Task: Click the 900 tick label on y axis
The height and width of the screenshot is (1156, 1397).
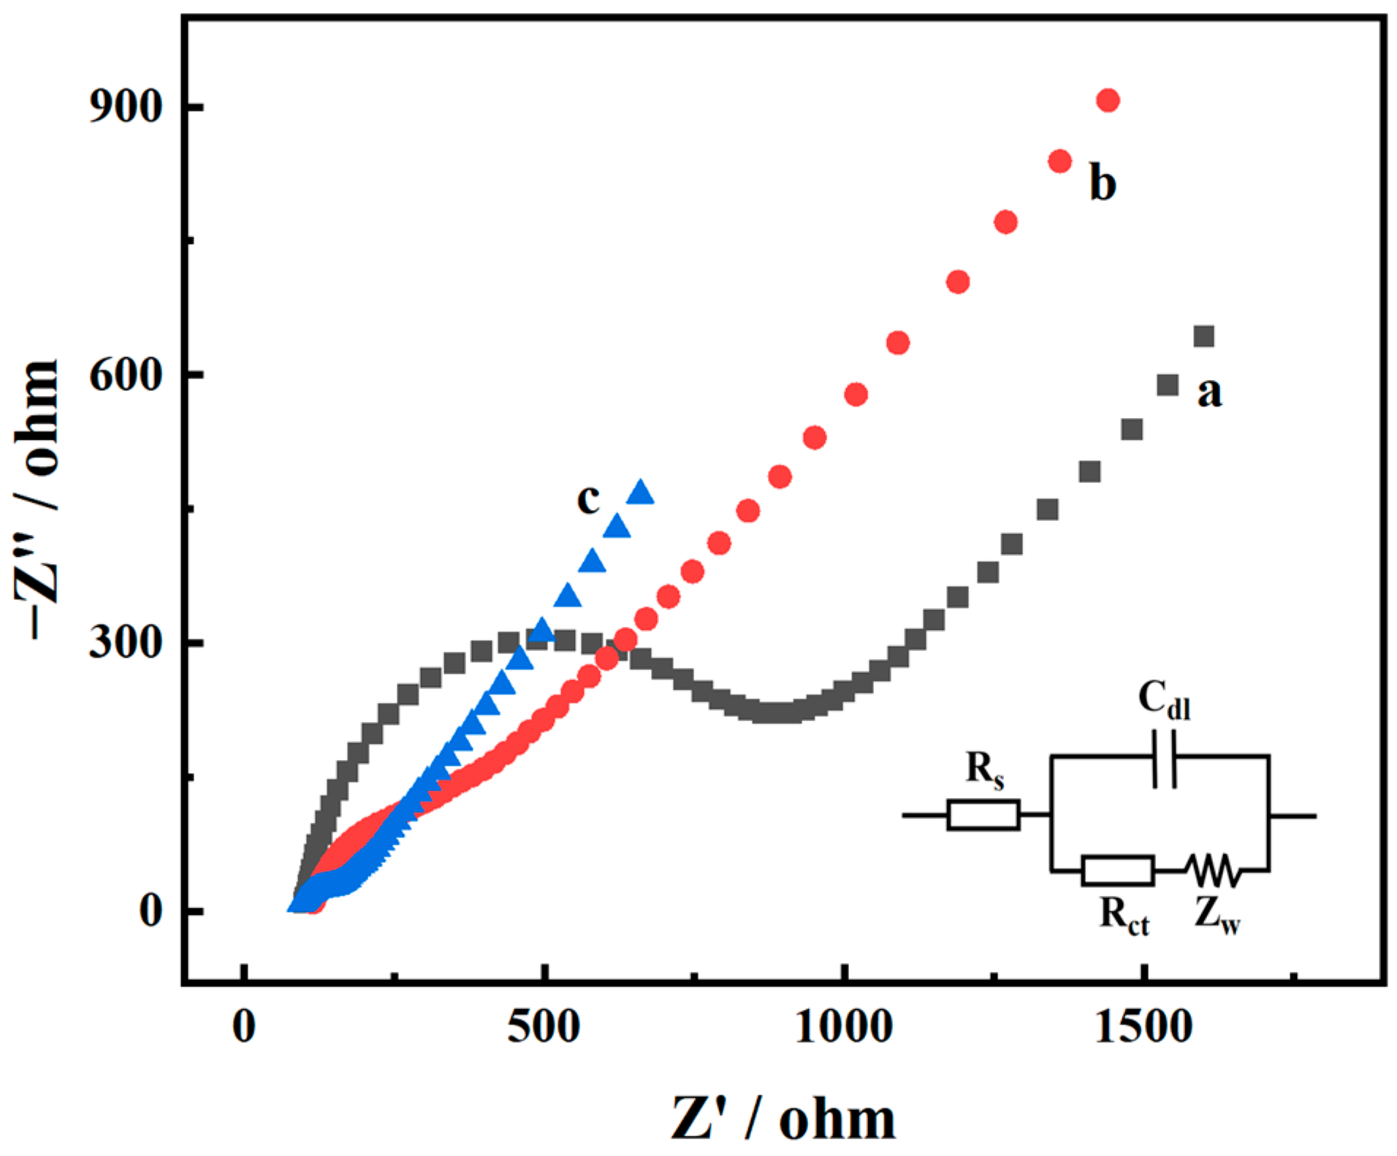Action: point(124,107)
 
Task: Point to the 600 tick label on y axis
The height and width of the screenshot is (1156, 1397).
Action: point(124,376)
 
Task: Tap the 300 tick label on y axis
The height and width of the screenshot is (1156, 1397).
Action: point(124,643)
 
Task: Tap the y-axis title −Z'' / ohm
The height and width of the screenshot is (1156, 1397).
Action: point(37,501)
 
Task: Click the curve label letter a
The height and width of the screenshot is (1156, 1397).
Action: point(1209,392)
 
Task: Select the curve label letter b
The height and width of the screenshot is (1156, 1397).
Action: point(1103,183)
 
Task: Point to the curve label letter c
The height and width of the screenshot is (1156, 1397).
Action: point(588,498)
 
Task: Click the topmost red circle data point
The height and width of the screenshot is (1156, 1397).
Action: point(1108,100)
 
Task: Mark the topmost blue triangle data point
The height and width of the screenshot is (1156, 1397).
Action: point(641,493)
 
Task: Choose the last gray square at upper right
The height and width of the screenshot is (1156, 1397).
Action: point(1203,336)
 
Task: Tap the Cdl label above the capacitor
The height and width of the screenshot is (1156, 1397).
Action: point(1164,699)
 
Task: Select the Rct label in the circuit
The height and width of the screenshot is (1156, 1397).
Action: point(1124,915)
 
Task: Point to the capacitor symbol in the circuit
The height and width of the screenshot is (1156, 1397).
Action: point(1165,768)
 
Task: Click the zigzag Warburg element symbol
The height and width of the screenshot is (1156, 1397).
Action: point(1213,870)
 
